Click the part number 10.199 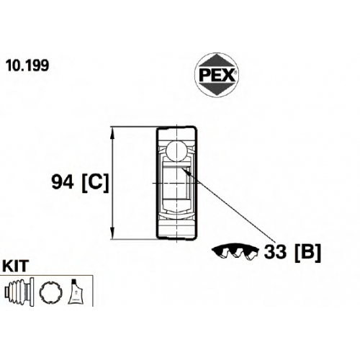coord(27,66)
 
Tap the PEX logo coord(217,75)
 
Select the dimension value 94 coord(63,182)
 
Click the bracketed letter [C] coord(95,183)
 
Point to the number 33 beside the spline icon coord(275,252)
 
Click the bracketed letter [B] coord(307,253)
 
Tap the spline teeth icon coord(235,252)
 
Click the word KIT coord(16,266)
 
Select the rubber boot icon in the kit coord(19,292)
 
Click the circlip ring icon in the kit coord(51,292)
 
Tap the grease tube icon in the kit coord(76,292)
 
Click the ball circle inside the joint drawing coord(176,151)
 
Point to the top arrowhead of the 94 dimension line coord(112,133)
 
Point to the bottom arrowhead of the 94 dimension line coord(112,233)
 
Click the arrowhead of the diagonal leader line coord(185,171)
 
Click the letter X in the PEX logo coord(228,75)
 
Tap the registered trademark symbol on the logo coord(235,72)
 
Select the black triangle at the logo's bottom coord(217,90)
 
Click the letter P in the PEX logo coord(204,75)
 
